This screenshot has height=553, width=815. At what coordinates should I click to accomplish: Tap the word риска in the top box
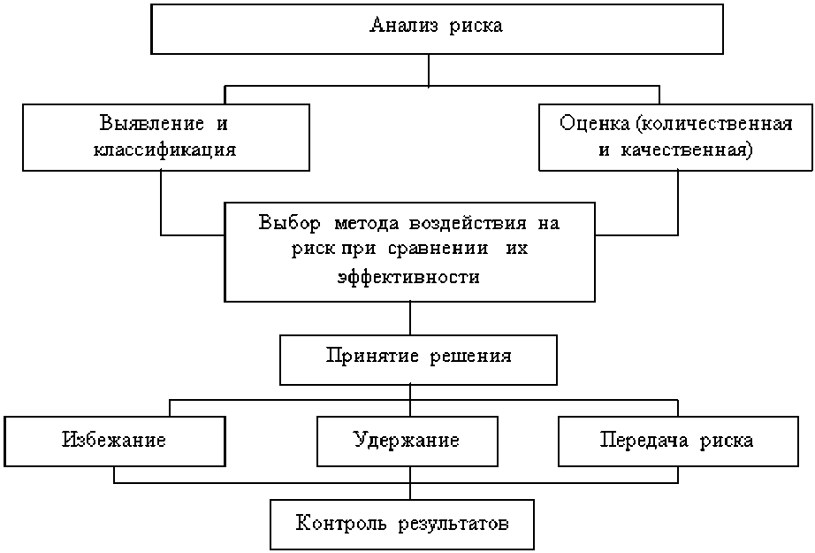coord(477,25)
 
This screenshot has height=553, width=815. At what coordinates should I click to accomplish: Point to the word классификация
coord(166,150)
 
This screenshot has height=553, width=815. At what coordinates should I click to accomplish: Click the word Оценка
coord(590,121)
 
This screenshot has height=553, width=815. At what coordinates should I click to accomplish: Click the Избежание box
coord(114,440)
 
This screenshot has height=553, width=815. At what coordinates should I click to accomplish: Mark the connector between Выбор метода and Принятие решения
coord(410,318)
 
